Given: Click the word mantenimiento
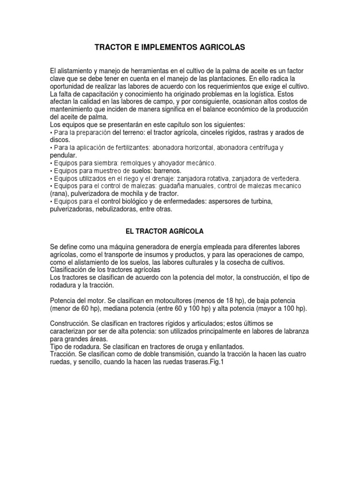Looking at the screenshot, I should [x=73, y=109].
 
